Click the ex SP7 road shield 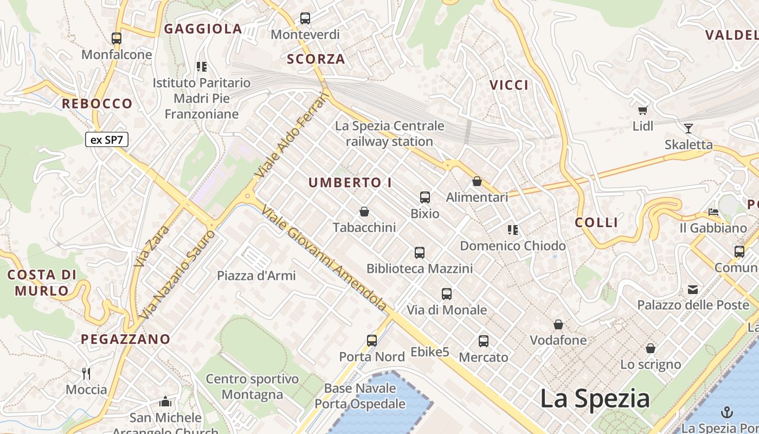click(106, 139)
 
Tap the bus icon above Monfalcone click(117, 39)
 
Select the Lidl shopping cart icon click(643, 110)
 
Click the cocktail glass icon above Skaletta click(689, 129)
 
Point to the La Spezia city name click(595, 399)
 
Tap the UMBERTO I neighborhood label click(350, 183)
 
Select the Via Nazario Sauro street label click(177, 275)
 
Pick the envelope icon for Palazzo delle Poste click(693, 289)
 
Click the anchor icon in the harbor click(726, 412)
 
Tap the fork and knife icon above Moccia click(86, 373)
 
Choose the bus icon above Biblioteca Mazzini click(420, 252)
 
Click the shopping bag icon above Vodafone click(558, 324)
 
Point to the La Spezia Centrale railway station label click(389, 133)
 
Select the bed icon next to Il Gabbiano click(713, 212)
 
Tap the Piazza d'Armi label click(256, 276)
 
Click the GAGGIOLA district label click(203, 29)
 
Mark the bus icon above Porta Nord click(372, 341)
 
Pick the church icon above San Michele click(165, 401)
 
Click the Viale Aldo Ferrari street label click(293, 136)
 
